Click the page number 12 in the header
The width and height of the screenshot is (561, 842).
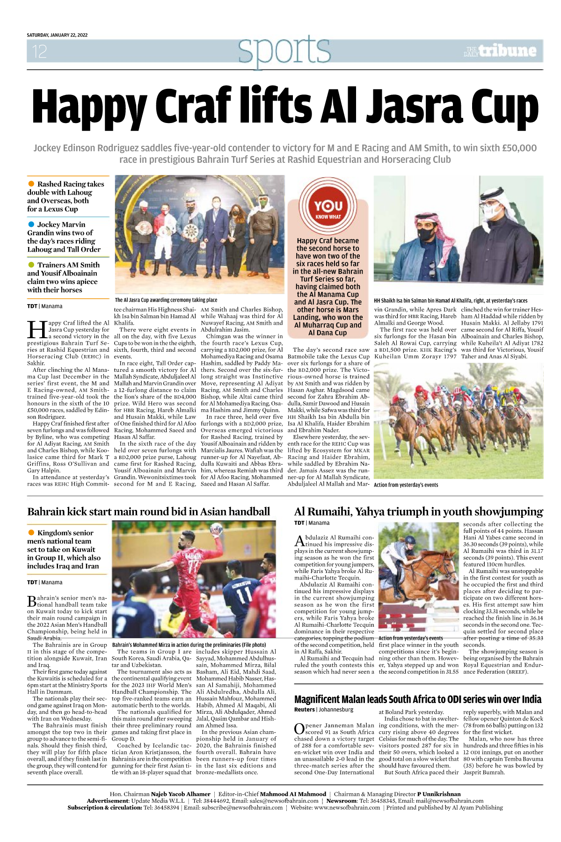coord(39,51)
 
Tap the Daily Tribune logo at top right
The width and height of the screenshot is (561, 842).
coord(500,51)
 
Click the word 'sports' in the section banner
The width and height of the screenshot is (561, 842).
coord(284,50)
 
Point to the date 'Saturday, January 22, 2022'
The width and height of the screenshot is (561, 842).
coord(57,35)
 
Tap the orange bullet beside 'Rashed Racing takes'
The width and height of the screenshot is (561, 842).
coord(31,184)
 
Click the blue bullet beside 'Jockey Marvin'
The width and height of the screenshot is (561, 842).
coord(31,224)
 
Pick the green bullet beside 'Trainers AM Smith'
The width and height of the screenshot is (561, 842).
coord(31,264)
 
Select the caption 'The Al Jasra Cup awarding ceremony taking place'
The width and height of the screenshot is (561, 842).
coord(166,300)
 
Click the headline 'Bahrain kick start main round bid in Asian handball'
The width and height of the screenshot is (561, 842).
coord(148,511)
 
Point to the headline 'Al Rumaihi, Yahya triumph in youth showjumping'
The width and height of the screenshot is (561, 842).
coord(418,511)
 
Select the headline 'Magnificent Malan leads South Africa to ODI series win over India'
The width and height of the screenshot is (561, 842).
coord(417,699)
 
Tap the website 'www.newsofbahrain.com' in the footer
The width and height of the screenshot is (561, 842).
coord(347,807)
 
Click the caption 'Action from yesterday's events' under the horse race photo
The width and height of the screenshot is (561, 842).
coord(406,485)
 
